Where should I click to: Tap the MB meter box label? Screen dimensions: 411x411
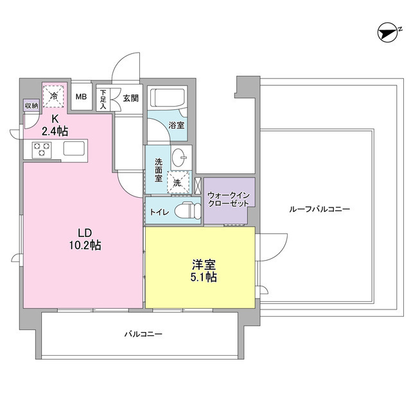(81, 97)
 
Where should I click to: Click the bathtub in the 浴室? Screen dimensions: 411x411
(168, 98)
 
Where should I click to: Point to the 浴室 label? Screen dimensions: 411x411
(176, 126)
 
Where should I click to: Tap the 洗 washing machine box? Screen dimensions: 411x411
(177, 182)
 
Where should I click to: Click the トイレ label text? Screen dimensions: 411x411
(159, 211)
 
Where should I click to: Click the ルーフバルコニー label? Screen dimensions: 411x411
(319, 209)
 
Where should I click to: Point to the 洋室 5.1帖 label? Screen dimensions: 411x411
(204, 270)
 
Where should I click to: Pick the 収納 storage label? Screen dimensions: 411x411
(31, 105)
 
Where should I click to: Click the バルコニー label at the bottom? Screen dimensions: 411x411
(143, 334)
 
